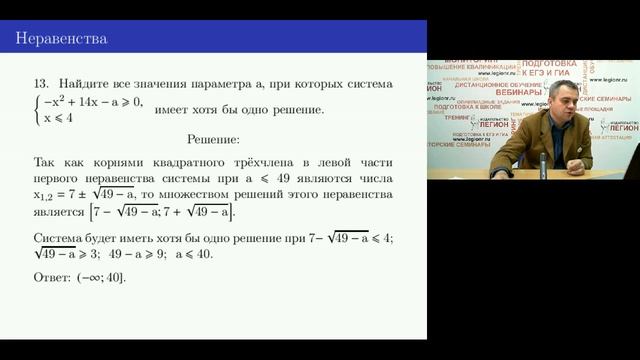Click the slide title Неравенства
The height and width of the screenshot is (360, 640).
point(61,39)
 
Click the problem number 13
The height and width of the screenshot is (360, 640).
point(41,84)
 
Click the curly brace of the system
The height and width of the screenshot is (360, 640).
point(37,109)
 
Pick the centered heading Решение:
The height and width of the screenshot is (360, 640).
point(213,137)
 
